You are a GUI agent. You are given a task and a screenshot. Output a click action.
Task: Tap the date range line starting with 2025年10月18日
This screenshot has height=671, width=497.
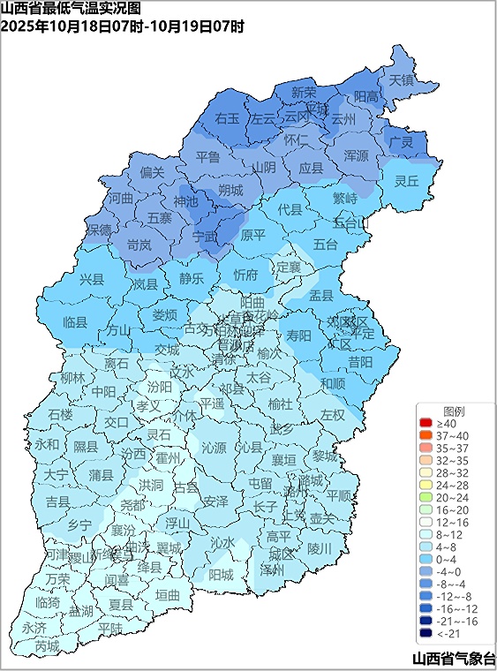(x=123, y=26)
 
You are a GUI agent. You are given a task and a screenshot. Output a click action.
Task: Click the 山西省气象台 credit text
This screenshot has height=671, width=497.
(x=453, y=658)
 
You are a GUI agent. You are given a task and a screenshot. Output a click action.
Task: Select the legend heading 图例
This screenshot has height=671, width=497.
(x=454, y=411)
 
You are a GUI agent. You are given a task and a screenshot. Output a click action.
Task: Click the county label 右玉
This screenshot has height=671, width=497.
(x=227, y=117)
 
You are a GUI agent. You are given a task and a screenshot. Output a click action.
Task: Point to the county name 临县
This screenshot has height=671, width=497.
(x=76, y=323)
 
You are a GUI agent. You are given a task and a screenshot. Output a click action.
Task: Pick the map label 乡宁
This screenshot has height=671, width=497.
(x=79, y=524)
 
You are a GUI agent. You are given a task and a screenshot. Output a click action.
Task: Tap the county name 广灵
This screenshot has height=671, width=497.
(x=402, y=142)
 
